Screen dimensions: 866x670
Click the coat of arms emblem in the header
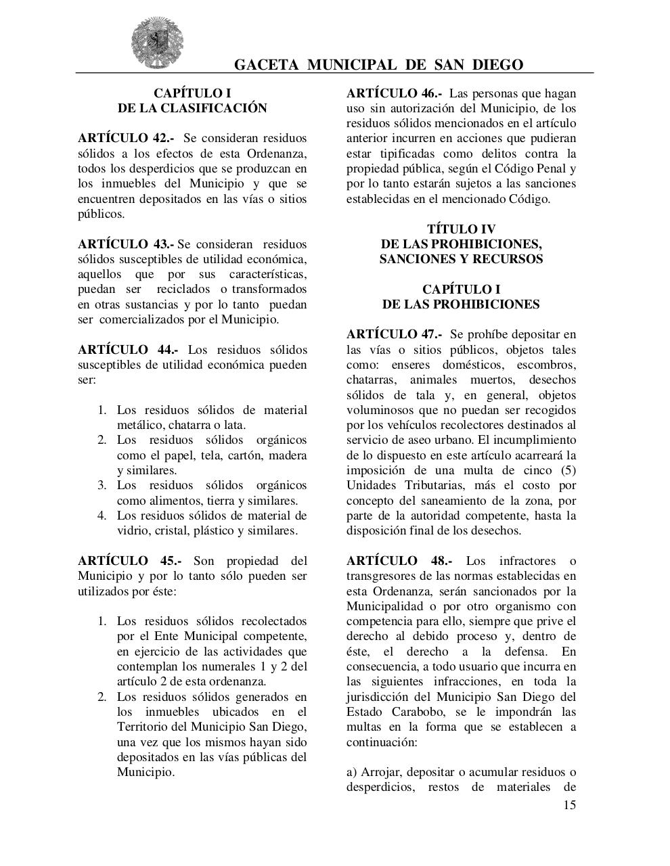pos(158,42)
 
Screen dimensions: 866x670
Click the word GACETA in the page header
pos(266,65)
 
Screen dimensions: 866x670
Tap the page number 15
pos(569,805)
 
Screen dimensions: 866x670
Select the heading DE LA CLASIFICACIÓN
pos(192,108)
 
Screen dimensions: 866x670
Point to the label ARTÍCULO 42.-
pos(125,139)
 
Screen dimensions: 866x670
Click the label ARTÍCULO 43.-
pos(125,244)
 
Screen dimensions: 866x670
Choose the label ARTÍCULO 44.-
pos(128,350)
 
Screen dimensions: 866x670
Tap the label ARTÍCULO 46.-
pos(394,93)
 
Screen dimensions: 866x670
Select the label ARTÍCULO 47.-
pos(394,334)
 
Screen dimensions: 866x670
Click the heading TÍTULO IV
pos(461,229)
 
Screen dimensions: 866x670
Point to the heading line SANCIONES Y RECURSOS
pos(461,259)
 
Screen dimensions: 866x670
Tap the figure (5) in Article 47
pos(567,470)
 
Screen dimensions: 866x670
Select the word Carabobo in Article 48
pos(419,712)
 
